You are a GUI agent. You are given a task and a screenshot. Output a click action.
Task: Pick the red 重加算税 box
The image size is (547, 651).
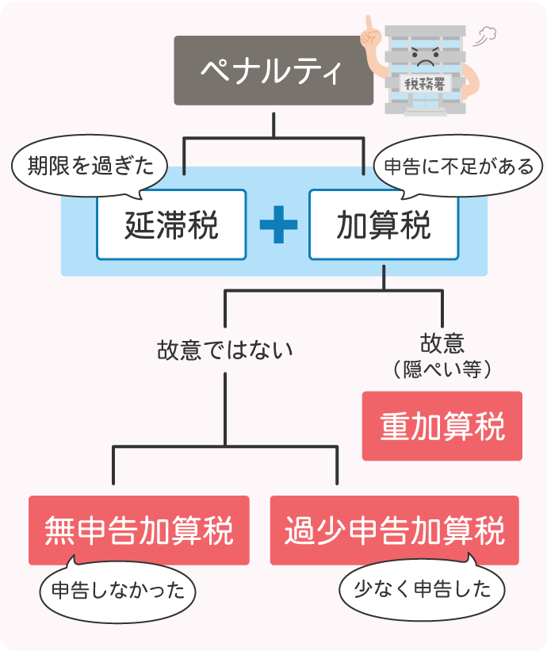[x=442, y=426]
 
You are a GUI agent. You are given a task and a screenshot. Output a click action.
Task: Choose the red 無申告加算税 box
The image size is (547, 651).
[x=139, y=530]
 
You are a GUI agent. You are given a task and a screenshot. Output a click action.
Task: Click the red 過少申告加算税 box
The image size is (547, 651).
[x=394, y=530]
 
